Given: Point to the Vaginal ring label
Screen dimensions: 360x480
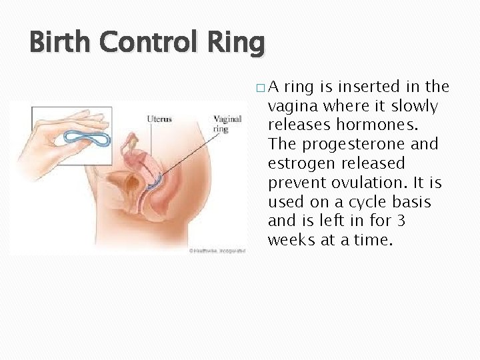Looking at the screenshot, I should pos(227,124).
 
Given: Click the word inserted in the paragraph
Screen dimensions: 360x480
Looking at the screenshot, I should pos(367,87).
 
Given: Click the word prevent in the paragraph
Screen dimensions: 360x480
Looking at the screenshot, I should pos(296,183).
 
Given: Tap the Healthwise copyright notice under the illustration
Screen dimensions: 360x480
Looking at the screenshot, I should pos(216,251).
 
